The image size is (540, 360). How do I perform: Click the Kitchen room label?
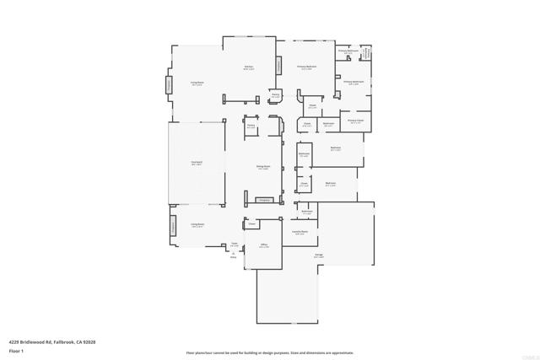(x=249, y=66)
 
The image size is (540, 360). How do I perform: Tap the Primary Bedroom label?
(x=305, y=66)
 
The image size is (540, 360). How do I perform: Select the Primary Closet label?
(x=355, y=121)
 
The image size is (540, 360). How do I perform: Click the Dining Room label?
(x=263, y=167)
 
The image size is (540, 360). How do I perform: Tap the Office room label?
(x=264, y=245)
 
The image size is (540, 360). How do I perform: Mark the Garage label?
(x=319, y=255)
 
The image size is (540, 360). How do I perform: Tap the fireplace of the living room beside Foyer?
(x=174, y=226)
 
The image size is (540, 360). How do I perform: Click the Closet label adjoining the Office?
(x=251, y=224)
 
